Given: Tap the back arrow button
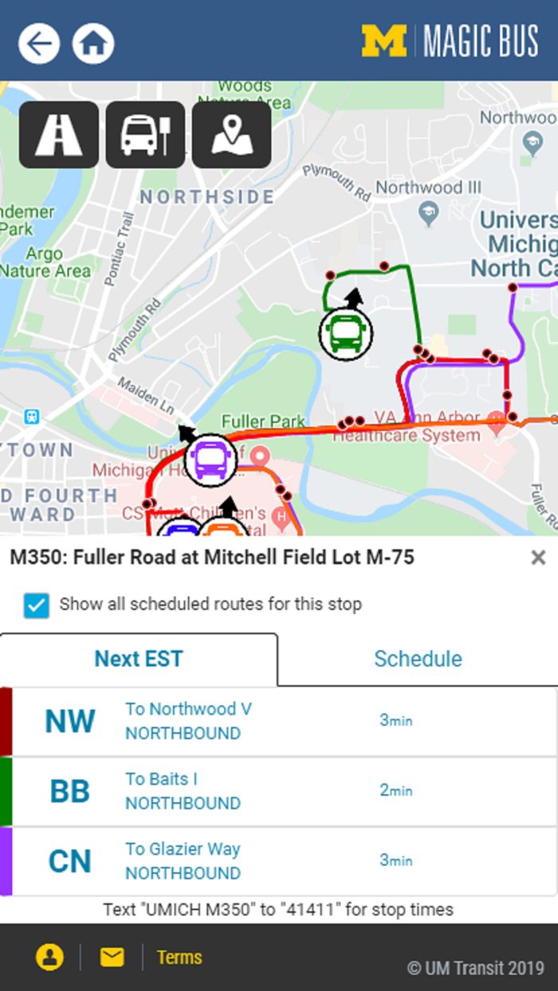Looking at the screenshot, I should pyautogui.click(x=39, y=43).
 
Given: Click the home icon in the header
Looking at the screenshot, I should pyautogui.click(x=93, y=43).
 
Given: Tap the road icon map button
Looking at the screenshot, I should pyautogui.click(x=59, y=135).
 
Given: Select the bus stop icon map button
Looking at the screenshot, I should pyautogui.click(x=145, y=135).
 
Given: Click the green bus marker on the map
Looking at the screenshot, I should pyautogui.click(x=346, y=333).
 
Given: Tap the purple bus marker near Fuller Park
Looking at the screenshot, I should pyautogui.click(x=210, y=460).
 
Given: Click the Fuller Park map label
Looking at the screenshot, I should pyautogui.click(x=263, y=421).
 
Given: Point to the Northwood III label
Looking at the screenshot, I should pyautogui.click(x=429, y=188).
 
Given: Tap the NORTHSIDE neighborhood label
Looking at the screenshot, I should pyautogui.click(x=207, y=197).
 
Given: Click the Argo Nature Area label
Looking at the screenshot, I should pyautogui.click(x=45, y=263).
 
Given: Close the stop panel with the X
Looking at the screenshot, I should pyautogui.click(x=539, y=558).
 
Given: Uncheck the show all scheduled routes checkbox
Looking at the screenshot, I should pyautogui.click(x=37, y=605).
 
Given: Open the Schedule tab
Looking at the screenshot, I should pyautogui.click(x=418, y=659).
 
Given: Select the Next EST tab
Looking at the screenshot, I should pyautogui.click(x=139, y=659).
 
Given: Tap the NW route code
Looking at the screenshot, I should pyautogui.click(x=70, y=721).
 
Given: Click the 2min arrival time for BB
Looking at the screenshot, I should pyautogui.click(x=395, y=790).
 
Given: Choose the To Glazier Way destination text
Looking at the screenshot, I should pyautogui.click(x=183, y=849).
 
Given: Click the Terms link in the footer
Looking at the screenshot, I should pyautogui.click(x=179, y=957).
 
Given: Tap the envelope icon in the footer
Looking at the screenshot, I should pyautogui.click(x=112, y=957).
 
